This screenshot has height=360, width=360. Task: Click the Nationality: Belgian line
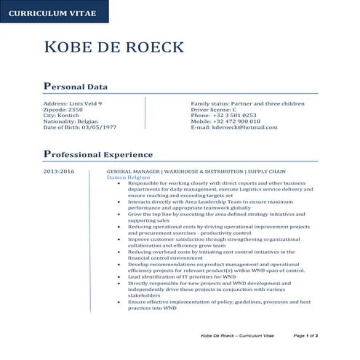pyautogui.click(x=71, y=121)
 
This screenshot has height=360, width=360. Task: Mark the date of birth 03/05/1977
pyautogui.click(x=80, y=127)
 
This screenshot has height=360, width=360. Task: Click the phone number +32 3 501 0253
pyautogui.click(x=234, y=115)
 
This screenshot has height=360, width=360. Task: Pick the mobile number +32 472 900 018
pyautogui.click(x=236, y=121)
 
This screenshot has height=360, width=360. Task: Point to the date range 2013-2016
pyautogui.click(x=59, y=171)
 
